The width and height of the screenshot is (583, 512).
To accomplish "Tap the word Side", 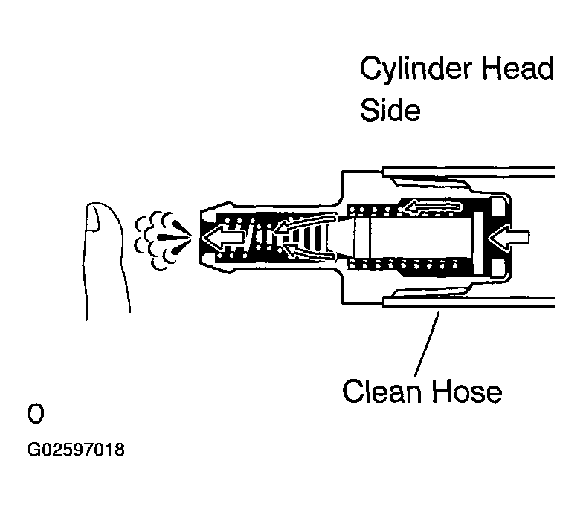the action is tap(390, 109).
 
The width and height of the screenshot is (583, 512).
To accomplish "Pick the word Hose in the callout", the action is tap(467, 391).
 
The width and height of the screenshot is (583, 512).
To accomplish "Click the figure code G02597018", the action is tap(76, 450).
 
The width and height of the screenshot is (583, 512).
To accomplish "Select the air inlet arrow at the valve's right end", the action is tap(509, 237).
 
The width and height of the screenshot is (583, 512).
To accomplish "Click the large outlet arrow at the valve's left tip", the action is tap(224, 238).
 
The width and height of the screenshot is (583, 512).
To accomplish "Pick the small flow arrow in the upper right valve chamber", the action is tap(433, 207).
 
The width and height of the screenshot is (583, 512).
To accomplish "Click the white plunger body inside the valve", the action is tap(413, 238).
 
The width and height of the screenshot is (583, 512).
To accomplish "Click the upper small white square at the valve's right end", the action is tap(498, 207).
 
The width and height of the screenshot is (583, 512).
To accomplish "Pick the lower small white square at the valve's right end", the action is tap(498, 268).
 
